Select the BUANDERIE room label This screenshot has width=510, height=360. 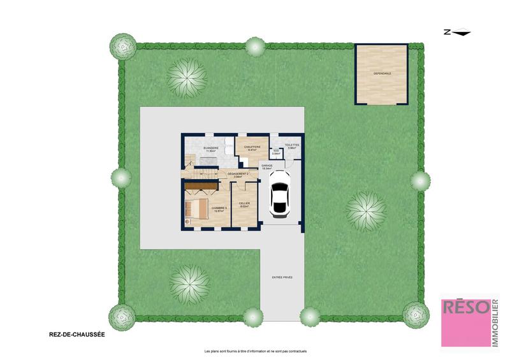tap(211, 148)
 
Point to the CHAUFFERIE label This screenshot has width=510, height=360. tap(252, 147)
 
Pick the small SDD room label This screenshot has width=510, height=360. tap(277, 151)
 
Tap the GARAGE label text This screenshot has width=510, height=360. tap(267, 165)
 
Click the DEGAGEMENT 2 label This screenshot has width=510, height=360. tap(238, 173)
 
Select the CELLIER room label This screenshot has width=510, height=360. tap(244, 203)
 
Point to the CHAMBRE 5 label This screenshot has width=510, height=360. tap(219, 208)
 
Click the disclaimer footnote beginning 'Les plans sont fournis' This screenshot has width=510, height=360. tap(255, 351)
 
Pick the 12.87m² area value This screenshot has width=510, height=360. tap(219, 211)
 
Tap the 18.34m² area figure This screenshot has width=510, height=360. tap(267, 169)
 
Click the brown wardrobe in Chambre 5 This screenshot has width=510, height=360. tap(200, 186)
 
